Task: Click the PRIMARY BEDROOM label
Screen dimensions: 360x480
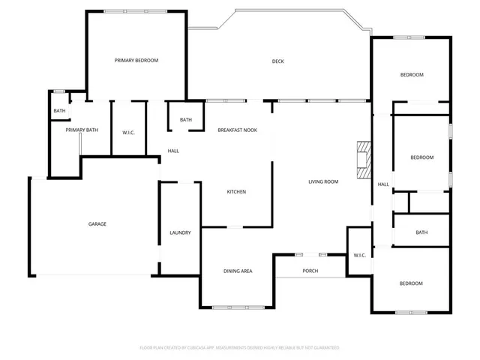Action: [x=136, y=60]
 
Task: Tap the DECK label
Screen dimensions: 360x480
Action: [x=277, y=61]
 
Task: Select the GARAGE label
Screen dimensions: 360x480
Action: [x=97, y=223]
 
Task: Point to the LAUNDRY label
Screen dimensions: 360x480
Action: [x=180, y=232]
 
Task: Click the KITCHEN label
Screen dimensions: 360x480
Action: [x=236, y=192]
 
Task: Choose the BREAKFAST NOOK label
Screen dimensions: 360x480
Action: [x=237, y=130]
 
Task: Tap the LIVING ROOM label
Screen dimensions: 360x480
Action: [x=323, y=181]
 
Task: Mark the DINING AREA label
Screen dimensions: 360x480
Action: [x=237, y=271]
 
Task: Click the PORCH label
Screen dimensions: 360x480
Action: [x=310, y=271]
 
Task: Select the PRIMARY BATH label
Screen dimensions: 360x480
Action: [x=82, y=130]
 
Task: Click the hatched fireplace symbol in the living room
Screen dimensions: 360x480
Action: [x=364, y=158]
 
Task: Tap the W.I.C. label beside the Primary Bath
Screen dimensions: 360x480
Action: [x=128, y=133]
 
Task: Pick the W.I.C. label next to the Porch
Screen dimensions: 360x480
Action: [x=359, y=256]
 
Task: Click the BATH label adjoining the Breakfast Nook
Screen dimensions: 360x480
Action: [x=185, y=120]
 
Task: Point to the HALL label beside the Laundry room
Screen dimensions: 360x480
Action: [x=173, y=151]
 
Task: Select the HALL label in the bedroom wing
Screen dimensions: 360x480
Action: [x=382, y=184]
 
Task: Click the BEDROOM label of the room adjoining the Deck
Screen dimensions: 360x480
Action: [x=412, y=75]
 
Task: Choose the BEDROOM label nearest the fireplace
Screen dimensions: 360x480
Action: [x=421, y=157]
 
